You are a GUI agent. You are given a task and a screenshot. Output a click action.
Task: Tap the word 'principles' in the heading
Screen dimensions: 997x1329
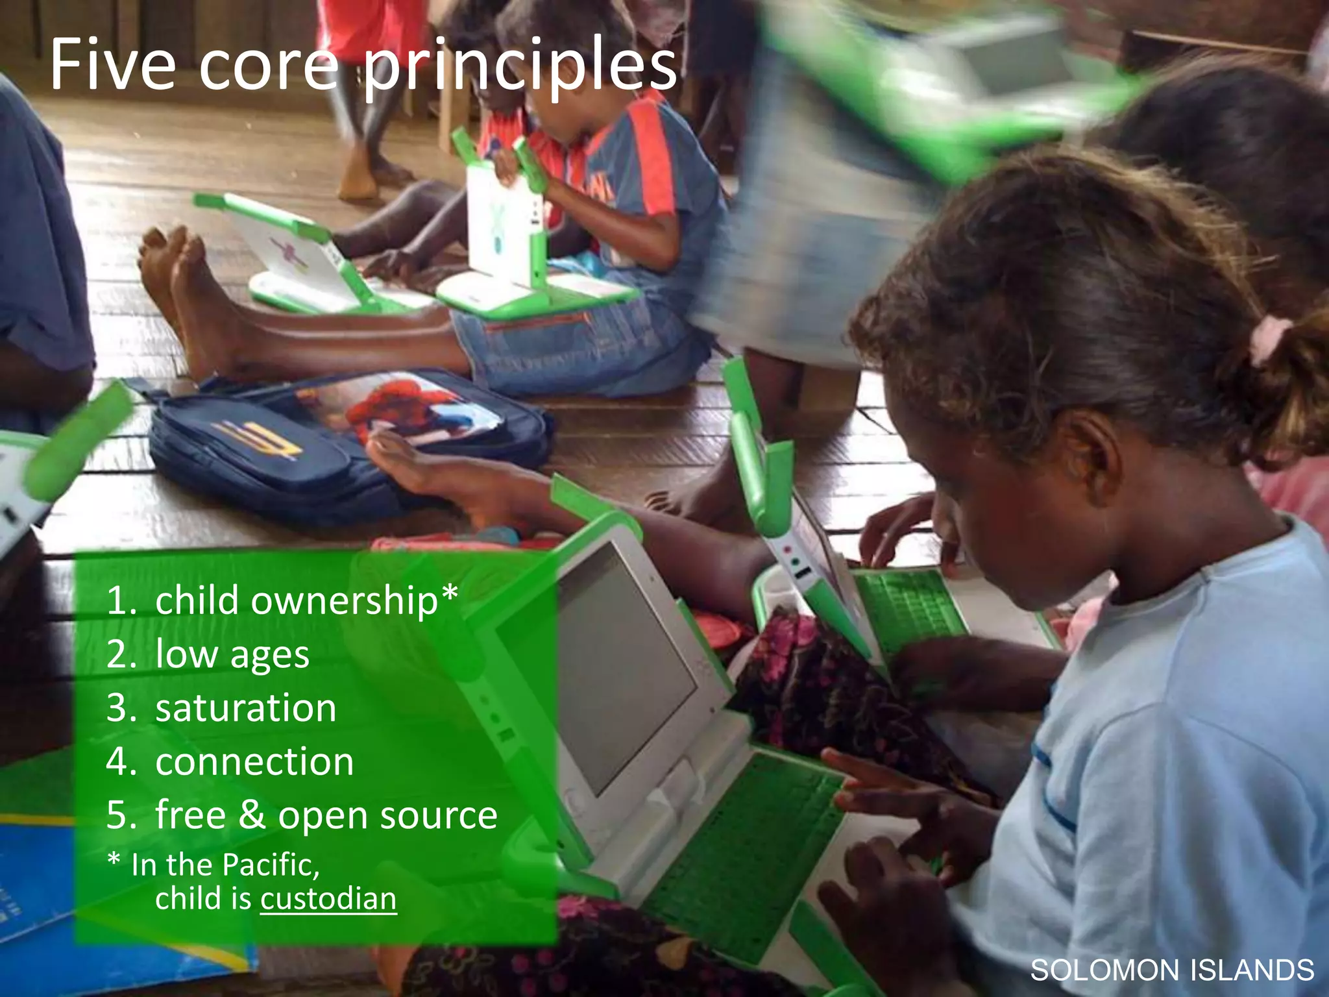519,68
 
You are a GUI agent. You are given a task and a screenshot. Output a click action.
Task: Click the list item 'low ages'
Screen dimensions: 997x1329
232,654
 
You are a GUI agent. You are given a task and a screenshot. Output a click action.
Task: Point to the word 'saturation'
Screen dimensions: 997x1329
245,708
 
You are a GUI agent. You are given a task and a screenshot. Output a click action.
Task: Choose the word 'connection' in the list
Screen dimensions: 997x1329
254,761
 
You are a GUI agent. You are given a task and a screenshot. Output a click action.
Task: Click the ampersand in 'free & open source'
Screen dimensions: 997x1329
252,815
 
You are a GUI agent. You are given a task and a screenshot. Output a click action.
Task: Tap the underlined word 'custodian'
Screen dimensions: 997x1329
328,899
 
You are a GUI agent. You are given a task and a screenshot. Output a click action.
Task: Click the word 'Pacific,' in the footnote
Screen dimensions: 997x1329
271,865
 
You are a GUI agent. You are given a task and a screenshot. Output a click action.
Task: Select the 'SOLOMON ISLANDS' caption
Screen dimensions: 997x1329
1172,970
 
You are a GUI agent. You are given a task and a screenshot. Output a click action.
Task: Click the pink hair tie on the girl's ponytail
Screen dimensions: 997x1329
1269,338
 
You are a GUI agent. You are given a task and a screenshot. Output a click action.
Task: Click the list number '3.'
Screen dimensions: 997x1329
121,708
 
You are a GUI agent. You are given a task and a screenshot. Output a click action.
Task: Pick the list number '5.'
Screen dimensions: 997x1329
121,815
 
